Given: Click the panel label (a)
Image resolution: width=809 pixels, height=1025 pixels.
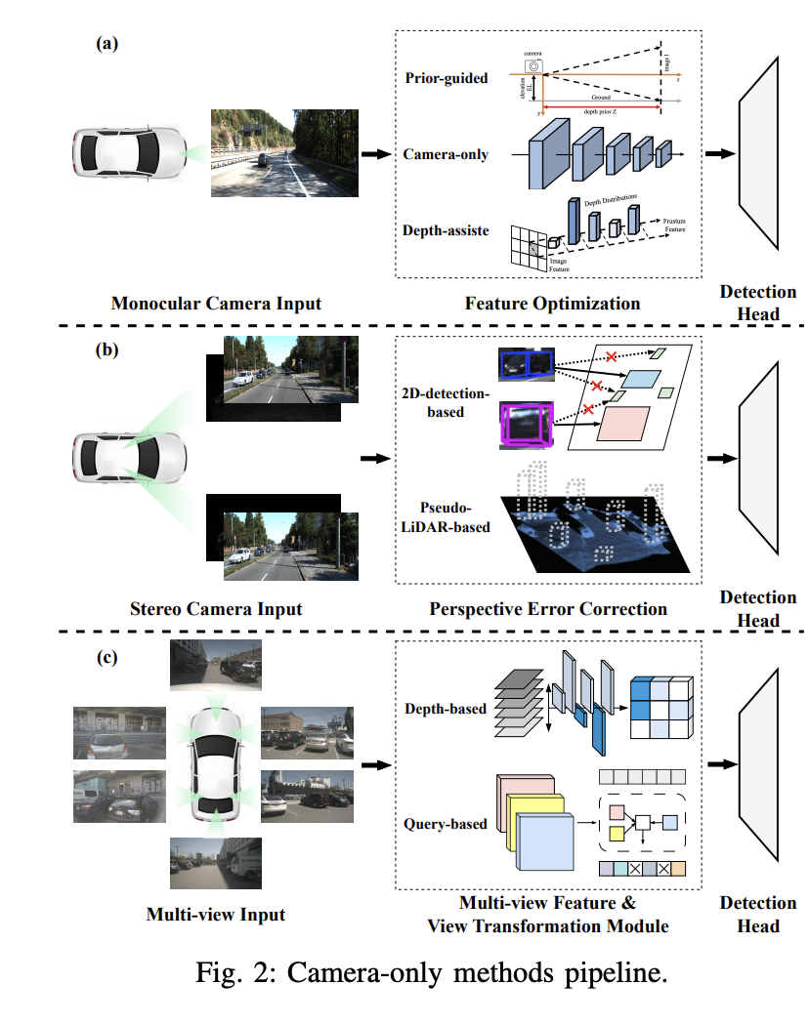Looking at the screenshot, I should point(106,43).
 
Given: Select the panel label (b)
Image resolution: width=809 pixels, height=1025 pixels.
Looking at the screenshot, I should point(106,351).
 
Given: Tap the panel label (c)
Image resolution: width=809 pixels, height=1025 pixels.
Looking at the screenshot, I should point(106,657).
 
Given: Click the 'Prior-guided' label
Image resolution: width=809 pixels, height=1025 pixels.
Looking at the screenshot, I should point(445,78).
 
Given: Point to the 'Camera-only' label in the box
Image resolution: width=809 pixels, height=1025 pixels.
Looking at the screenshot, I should point(446,154).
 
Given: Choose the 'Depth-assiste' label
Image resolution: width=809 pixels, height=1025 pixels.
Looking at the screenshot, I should point(446,231).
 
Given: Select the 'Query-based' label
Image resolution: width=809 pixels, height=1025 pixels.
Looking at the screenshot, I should point(447,824).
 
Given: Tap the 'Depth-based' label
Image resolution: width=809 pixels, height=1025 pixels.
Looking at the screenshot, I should point(446,709).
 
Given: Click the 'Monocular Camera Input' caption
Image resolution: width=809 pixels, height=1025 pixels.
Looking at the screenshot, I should point(216,304).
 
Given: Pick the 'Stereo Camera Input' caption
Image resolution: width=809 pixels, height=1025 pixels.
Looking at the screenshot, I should point(216,609).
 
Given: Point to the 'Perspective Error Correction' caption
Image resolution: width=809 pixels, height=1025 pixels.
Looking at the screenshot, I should point(548,609).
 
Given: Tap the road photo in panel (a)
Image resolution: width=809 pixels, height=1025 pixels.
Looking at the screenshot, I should point(284,154).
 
